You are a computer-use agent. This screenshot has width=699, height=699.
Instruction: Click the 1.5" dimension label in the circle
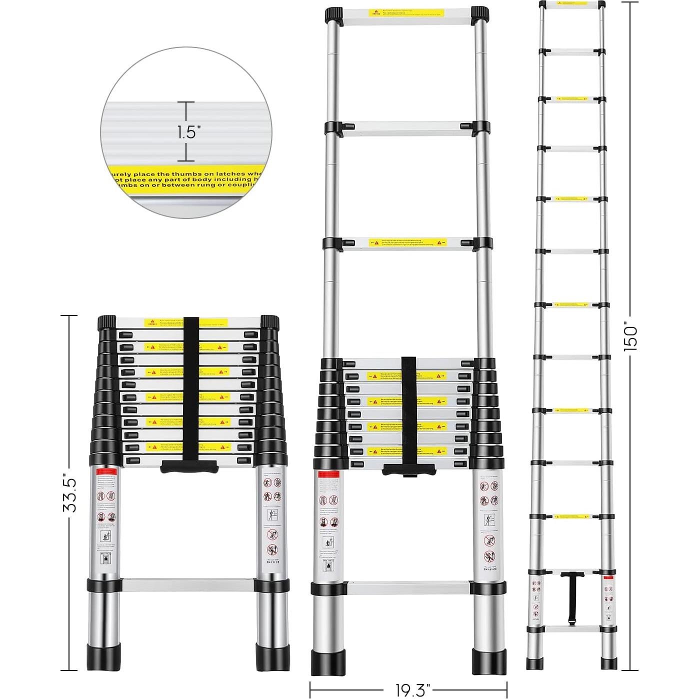(188, 132)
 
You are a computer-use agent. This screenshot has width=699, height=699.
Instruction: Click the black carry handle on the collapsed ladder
(189, 467)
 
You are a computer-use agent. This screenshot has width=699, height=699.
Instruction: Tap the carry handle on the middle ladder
(408, 470)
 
